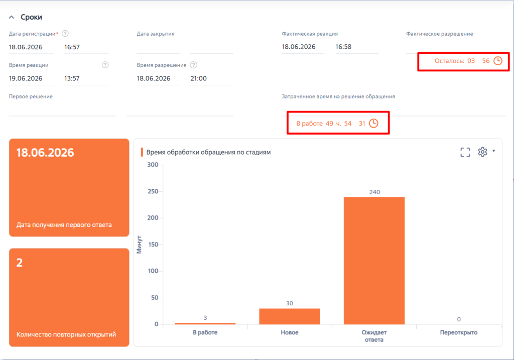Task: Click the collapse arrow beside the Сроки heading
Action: click(12, 17)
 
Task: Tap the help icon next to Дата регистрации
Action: click(65, 34)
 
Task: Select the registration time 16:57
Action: click(72, 47)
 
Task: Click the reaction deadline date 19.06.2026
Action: click(26, 78)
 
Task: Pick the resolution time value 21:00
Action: click(199, 78)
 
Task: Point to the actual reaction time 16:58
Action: click(343, 47)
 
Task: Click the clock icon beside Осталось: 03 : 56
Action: click(498, 61)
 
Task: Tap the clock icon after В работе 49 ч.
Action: click(373, 124)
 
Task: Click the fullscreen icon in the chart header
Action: click(465, 152)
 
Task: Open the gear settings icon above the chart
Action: click(482, 152)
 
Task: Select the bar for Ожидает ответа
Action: click(374, 261)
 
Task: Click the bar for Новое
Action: click(290, 316)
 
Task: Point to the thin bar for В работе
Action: click(205, 324)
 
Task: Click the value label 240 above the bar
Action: click(374, 192)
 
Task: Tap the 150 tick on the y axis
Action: click(153, 245)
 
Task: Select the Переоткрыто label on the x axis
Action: click(459, 332)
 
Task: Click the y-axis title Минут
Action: click(140, 245)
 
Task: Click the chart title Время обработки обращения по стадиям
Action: click(208, 152)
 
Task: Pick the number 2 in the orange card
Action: click(20, 263)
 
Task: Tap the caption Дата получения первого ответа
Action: click(64, 225)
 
